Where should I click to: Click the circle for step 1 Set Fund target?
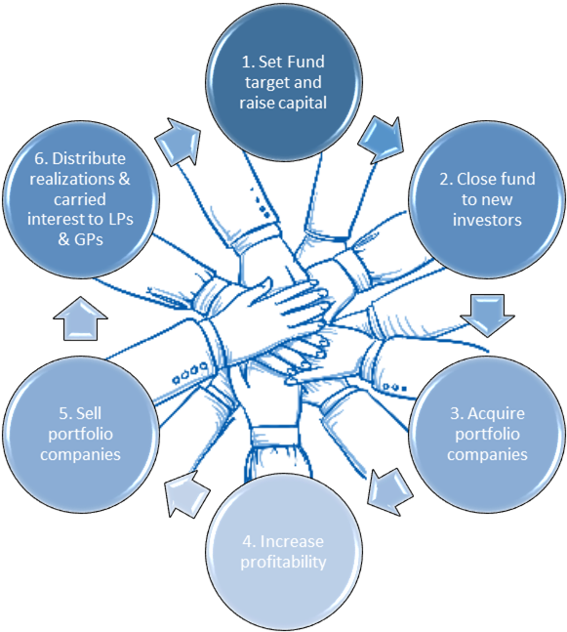(283, 82)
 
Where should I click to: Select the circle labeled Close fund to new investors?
(487, 199)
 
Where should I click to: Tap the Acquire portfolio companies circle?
(487, 434)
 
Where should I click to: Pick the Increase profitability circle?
(283, 551)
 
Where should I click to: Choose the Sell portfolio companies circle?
(81, 434)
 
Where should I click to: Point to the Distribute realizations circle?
(81, 199)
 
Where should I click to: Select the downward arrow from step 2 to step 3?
(487, 316)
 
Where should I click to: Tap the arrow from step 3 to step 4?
(389, 492)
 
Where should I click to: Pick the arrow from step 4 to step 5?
(186, 493)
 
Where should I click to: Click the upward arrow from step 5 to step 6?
(81, 318)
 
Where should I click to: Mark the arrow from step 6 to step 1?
(179, 141)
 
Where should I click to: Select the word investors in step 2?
(487, 220)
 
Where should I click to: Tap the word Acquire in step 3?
(496, 414)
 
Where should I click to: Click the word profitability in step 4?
(283, 563)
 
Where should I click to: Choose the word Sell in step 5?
(89, 413)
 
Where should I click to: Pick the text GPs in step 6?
(89, 239)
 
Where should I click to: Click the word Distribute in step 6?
(89, 158)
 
